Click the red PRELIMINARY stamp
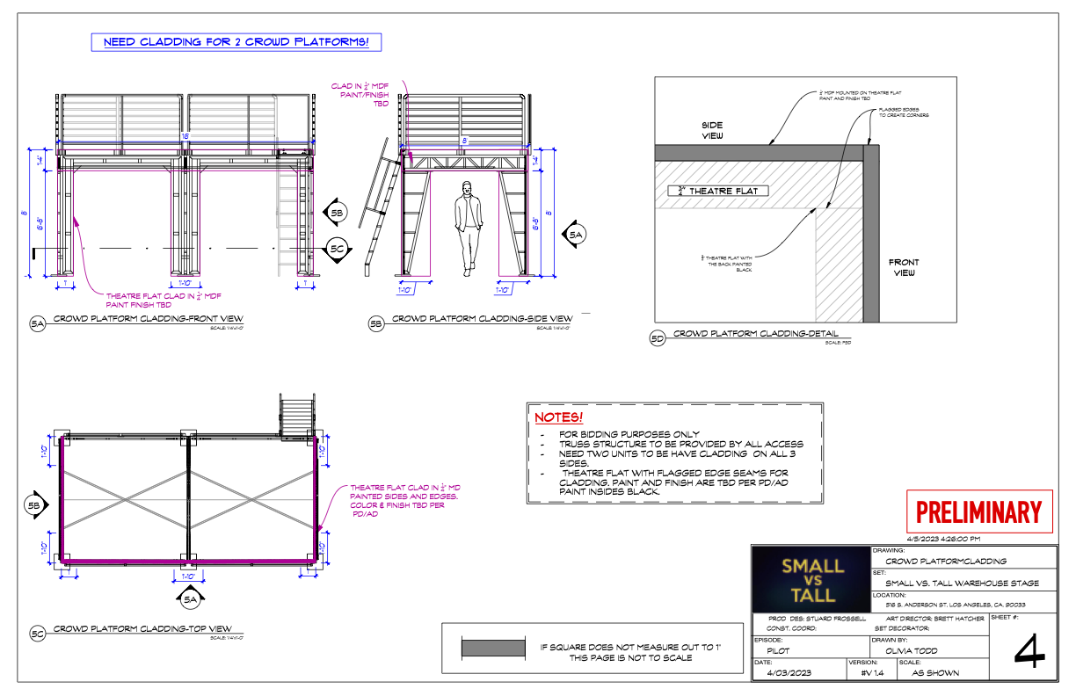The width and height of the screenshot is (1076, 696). pos(978,511)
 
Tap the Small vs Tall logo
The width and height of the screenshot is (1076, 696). pos(811,580)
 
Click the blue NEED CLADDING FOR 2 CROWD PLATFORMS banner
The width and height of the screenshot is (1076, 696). pos(236,42)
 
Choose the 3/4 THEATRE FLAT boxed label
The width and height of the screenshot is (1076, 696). pos(718,191)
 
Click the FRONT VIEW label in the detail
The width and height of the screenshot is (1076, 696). pos(904,267)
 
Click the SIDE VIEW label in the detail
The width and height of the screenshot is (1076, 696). pos(711,131)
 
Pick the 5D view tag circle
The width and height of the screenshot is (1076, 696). pos(656,338)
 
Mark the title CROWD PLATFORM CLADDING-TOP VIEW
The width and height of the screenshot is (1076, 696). pos(142,629)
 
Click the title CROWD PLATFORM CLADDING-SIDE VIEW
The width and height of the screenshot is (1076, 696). pos(482,319)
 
